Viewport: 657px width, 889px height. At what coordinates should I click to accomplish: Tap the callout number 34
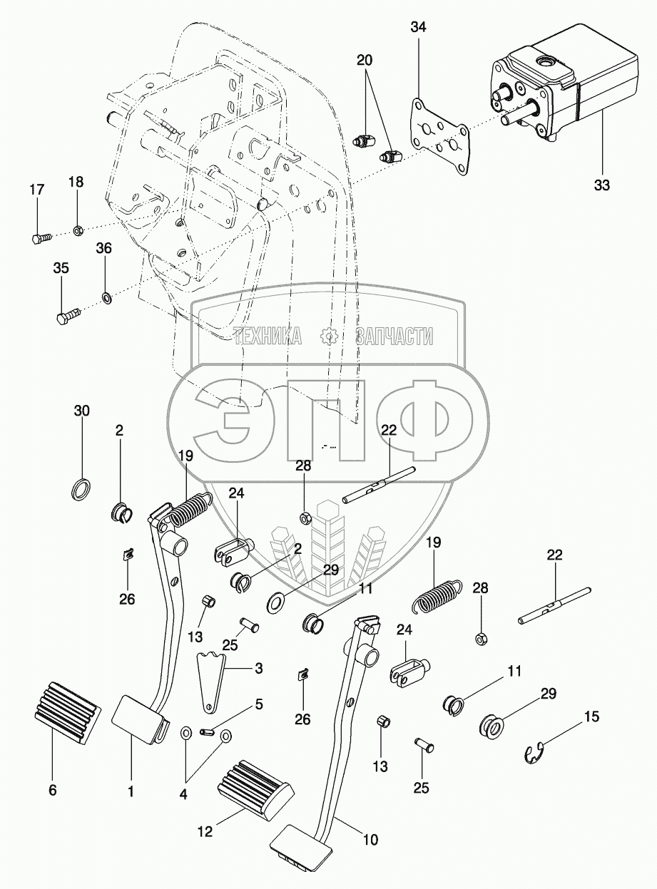pyautogui.click(x=418, y=27)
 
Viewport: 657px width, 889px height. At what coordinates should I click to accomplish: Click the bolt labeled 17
pyautogui.click(x=41, y=238)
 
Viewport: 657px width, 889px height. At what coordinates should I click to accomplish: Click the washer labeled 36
pyautogui.click(x=107, y=297)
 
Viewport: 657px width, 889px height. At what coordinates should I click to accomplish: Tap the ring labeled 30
pyautogui.click(x=81, y=488)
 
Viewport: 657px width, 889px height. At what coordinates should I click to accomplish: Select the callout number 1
pyautogui.click(x=131, y=791)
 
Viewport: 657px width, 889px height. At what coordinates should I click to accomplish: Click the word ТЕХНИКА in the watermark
pyautogui.click(x=268, y=336)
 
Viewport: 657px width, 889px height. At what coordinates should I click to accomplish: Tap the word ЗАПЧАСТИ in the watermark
pyautogui.click(x=394, y=336)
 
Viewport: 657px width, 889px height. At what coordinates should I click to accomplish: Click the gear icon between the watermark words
pyautogui.click(x=329, y=336)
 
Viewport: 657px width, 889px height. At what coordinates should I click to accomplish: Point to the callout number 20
pyautogui.click(x=365, y=60)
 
